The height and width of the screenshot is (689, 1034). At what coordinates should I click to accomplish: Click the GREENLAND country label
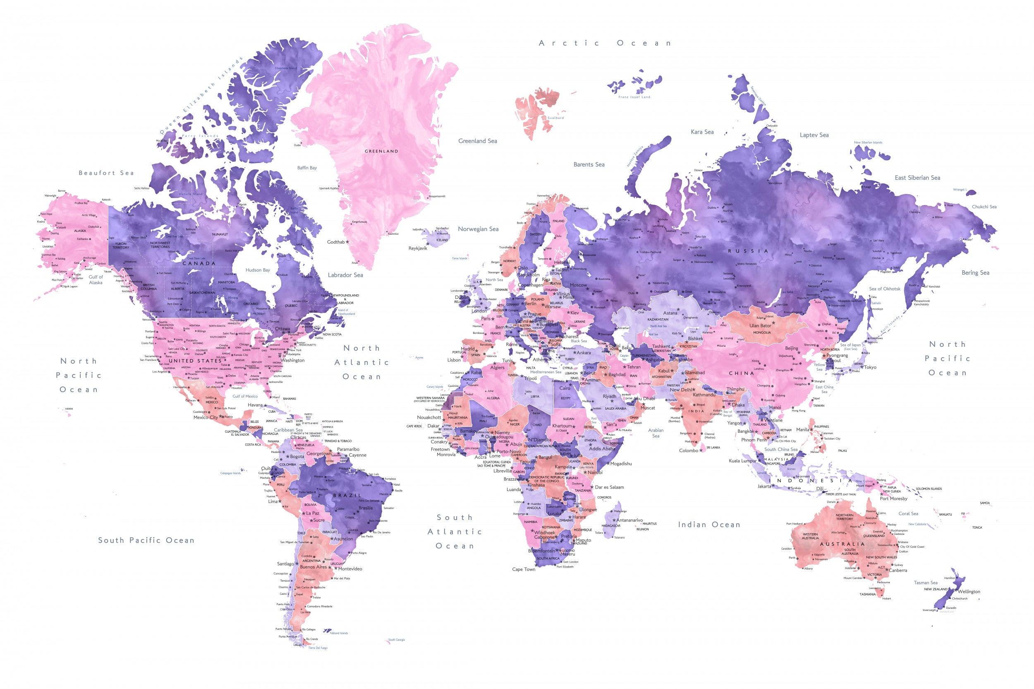pyautogui.click(x=381, y=151)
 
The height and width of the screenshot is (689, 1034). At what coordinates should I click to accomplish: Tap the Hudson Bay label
pyautogui.click(x=258, y=270)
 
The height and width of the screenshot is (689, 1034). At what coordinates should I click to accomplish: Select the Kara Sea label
pyautogui.click(x=702, y=132)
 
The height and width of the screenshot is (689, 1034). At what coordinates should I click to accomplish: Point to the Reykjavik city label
pyautogui.click(x=418, y=248)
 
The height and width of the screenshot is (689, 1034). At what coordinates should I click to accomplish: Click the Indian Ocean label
pyautogui.click(x=709, y=524)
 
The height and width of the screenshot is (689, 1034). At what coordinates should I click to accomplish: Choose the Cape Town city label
pyautogui.click(x=524, y=569)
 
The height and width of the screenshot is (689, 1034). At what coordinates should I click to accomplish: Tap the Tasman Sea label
pyautogui.click(x=925, y=583)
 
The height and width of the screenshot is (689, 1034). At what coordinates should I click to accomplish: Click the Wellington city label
pyautogui.click(x=969, y=591)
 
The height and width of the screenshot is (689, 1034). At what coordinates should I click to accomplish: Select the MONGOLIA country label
pyautogui.click(x=762, y=333)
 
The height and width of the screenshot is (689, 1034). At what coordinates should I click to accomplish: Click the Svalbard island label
pyautogui.click(x=556, y=118)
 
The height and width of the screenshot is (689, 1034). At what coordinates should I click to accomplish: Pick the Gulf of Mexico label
pyautogui.click(x=245, y=396)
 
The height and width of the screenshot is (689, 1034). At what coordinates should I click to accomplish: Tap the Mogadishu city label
pyautogui.click(x=621, y=464)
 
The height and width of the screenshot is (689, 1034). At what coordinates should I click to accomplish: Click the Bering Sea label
pyautogui.click(x=975, y=273)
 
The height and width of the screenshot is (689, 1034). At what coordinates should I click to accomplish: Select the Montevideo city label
pyautogui.click(x=350, y=569)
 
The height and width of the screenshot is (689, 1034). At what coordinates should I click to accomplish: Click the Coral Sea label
pyautogui.click(x=908, y=513)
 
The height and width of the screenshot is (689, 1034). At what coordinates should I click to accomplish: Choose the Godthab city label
pyautogui.click(x=336, y=242)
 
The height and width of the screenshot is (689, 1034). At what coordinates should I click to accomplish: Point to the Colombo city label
pyautogui.click(x=689, y=451)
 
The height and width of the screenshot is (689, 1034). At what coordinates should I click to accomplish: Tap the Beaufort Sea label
pyautogui.click(x=106, y=173)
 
